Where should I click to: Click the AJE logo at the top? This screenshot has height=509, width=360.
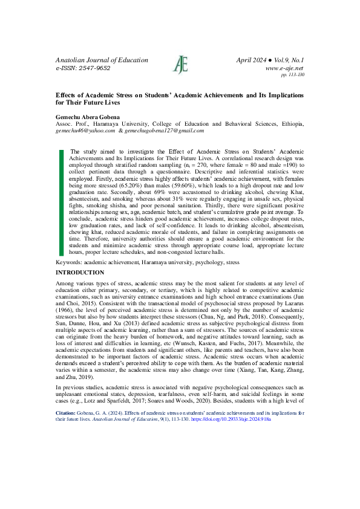[x=179, y=64]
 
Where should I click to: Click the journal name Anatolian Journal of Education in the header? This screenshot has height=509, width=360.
[x=102, y=60]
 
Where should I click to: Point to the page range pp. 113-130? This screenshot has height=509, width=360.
[x=293, y=75]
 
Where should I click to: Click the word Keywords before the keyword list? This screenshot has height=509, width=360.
[x=69, y=263]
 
